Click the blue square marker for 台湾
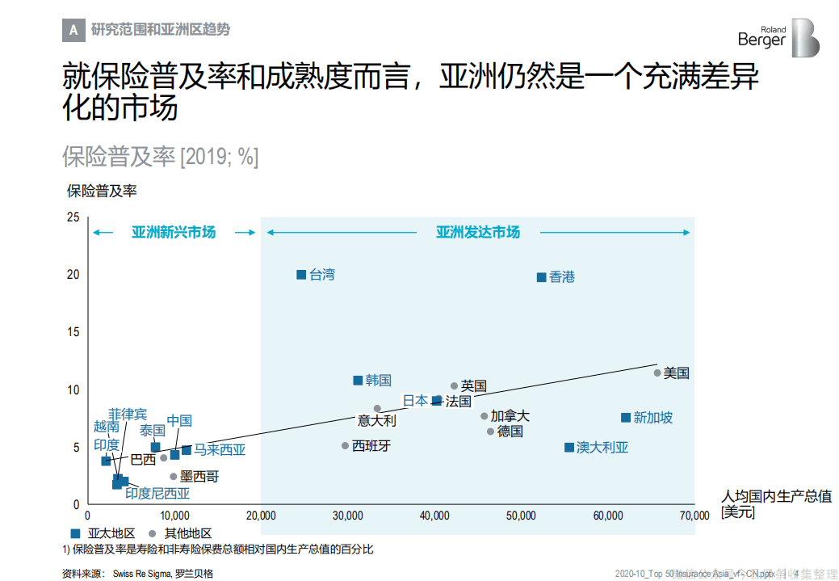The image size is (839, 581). click(x=301, y=275)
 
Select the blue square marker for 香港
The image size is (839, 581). click(x=541, y=277)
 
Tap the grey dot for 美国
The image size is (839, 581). click(x=657, y=373)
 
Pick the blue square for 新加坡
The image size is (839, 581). click(x=625, y=418)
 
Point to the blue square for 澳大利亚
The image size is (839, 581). click(x=568, y=448)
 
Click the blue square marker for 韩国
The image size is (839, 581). click(x=358, y=381)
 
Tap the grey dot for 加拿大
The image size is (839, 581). click(x=485, y=416)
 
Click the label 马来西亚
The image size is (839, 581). click(x=220, y=450)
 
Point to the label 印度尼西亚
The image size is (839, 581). click(x=157, y=493)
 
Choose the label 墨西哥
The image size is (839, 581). click(x=199, y=477)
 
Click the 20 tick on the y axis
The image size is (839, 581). click(x=73, y=275)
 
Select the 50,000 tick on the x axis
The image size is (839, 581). click(x=521, y=516)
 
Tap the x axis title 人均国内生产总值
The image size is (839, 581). click(x=777, y=496)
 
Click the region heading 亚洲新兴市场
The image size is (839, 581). click(x=174, y=233)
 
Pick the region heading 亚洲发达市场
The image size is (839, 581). click(x=478, y=233)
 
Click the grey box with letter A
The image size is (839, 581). click(x=73, y=30)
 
